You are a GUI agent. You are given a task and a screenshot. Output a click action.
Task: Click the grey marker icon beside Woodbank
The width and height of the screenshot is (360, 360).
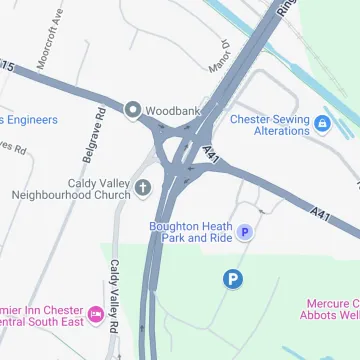[133, 109]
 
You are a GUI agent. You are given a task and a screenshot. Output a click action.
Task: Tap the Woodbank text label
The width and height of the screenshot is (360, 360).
[172, 109]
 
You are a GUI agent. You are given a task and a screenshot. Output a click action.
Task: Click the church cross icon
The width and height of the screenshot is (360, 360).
[143, 187]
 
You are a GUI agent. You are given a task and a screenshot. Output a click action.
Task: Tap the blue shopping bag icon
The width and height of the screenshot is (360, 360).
[322, 124]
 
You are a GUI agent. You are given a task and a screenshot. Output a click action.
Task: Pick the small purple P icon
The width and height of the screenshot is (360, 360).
[246, 232]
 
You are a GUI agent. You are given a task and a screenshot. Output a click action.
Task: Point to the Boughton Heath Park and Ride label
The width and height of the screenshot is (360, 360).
[191, 232]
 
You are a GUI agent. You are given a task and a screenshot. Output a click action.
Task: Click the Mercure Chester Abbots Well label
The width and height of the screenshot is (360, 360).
[330, 309]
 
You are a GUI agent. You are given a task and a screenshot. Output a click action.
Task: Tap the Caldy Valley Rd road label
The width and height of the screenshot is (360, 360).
[115, 297]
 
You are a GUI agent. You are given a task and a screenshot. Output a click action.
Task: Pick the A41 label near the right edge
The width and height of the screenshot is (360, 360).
[321, 214]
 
